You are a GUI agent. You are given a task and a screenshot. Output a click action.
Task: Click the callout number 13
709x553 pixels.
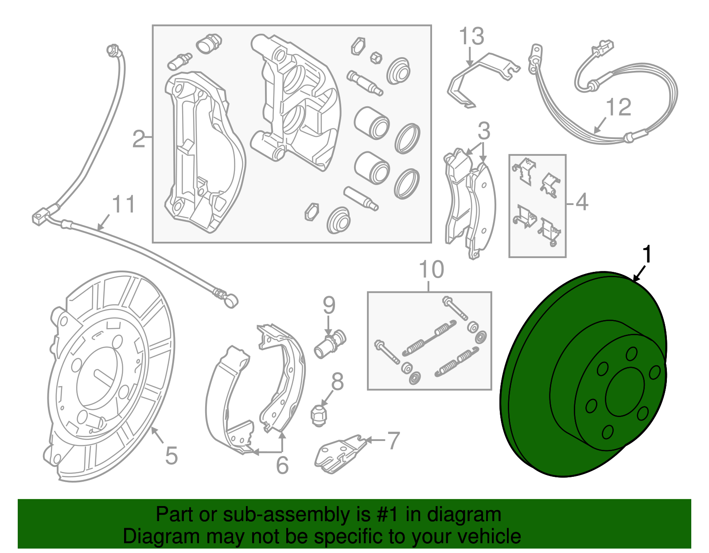[471, 36]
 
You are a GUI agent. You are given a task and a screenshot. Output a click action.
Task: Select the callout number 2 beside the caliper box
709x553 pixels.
[139, 139]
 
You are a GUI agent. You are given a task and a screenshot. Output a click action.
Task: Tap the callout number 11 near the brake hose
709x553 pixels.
[123, 205]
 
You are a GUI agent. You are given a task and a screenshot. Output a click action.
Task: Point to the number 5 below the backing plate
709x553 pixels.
[171, 456]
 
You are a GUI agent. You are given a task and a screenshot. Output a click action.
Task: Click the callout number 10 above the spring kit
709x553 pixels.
[431, 270]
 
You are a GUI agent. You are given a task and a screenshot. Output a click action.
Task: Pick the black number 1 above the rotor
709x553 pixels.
[647, 255]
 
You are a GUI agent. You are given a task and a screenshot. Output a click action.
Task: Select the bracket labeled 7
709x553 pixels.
[339, 453]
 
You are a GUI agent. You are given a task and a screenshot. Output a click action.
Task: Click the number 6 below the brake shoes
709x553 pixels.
[282, 465]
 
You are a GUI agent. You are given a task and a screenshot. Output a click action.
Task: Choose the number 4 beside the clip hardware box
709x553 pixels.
[581, 202]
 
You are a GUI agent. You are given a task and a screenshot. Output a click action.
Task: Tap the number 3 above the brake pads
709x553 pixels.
[483, 131]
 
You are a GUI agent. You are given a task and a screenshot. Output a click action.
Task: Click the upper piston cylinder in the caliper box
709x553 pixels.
[372, 123]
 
